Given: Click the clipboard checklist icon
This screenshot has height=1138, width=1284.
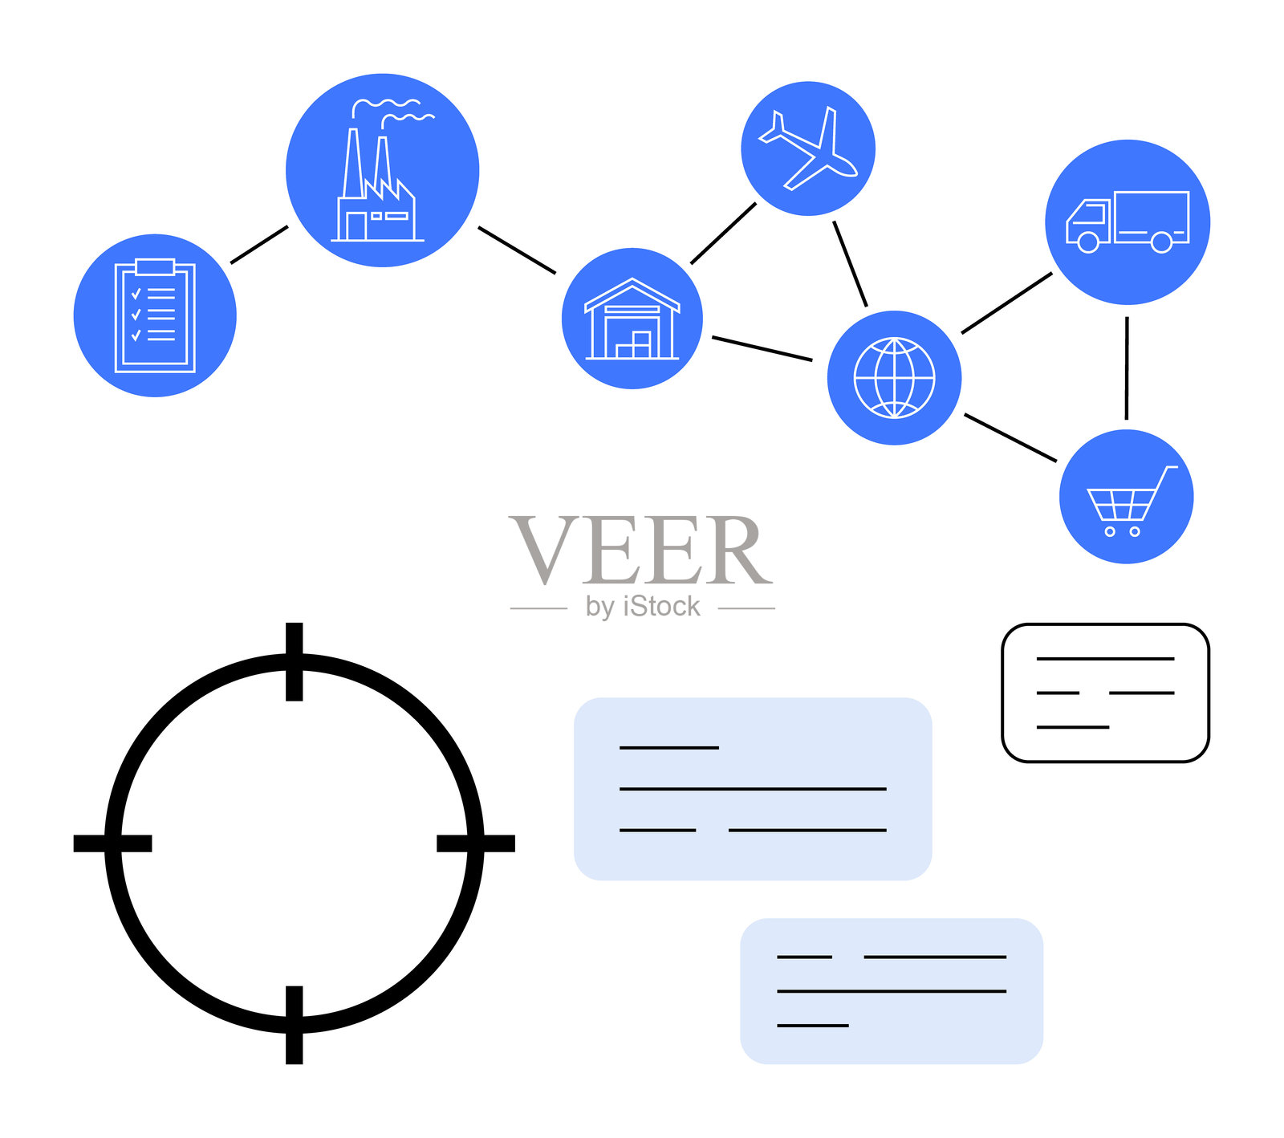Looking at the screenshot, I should point(155,315).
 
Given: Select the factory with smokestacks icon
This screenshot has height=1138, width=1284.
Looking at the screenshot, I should point(382,170).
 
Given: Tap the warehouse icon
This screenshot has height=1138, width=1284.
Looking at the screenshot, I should point(632,319).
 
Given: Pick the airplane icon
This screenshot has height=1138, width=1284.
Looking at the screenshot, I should point(808,148).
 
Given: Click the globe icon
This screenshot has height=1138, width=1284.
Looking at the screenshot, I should point(894,377).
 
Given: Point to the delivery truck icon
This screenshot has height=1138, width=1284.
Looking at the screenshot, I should point(1128,222).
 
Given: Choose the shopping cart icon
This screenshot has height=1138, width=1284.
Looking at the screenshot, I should point(1127,497).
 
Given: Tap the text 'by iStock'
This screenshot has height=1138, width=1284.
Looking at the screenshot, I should point(643,607).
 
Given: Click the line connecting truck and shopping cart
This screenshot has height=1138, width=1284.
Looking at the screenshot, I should point(1127,368).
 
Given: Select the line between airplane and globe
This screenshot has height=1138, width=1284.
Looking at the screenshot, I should point(850,264).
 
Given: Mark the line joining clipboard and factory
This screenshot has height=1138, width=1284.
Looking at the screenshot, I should point(259,244).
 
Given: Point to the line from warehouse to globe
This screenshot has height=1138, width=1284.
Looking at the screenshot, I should point(762,348).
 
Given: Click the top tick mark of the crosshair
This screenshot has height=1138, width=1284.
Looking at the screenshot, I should point(295,661).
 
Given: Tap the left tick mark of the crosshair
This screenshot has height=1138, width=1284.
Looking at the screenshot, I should point(112,843).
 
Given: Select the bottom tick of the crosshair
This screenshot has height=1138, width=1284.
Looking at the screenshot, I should point(295,1025).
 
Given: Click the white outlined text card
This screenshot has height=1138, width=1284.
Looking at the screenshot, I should point(1105,693).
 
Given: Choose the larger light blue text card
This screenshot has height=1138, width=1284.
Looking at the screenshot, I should point(753,789).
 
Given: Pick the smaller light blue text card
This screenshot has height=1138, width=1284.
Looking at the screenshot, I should point(892,991).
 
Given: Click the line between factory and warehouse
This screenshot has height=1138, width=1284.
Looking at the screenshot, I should point(517,250).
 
